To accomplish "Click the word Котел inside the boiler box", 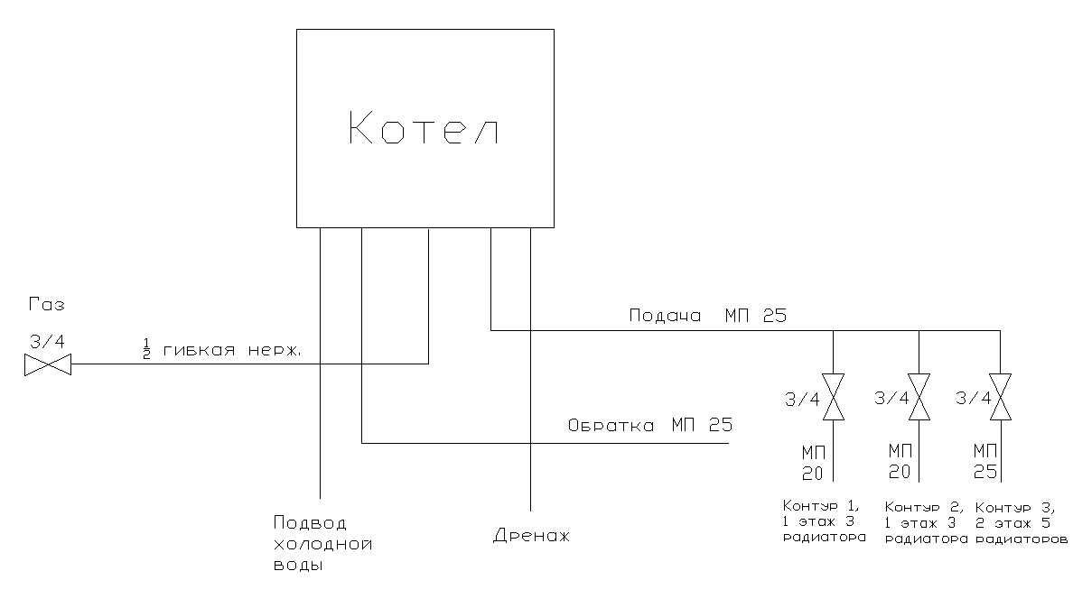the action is tap(424, 128).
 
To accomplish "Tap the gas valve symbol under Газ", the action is tap(48, 364).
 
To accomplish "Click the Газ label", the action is tap(47, 304).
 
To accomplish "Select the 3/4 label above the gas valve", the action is tap(47, 341).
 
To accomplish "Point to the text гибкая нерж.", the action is tap(232, 350).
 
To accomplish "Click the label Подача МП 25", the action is tap(707, 316).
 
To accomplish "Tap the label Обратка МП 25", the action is tap(650, 425).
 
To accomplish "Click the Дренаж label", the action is tap(532, 535).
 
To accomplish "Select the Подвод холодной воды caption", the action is tap(322, 544).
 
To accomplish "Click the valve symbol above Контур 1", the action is tap(833, 397).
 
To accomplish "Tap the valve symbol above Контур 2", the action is tap(919, 397).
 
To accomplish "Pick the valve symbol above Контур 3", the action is tap(1000, 397).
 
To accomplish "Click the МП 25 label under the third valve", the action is tap(985, 461).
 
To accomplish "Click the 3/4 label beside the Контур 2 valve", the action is tap(891, 398).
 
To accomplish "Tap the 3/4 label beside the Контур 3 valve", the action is tap(973, 398).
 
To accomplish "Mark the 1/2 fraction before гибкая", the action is tap(145, 349).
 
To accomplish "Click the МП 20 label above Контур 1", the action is tap(814, 463).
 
